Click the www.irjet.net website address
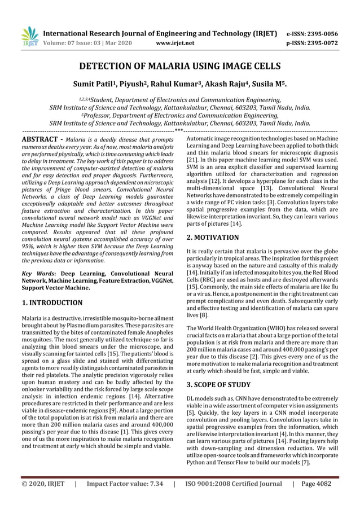(x=174, y=42)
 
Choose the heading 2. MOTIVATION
(x=212, y=238)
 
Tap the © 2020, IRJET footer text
(x=39, y=484)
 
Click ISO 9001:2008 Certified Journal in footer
(x=233, y=484)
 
